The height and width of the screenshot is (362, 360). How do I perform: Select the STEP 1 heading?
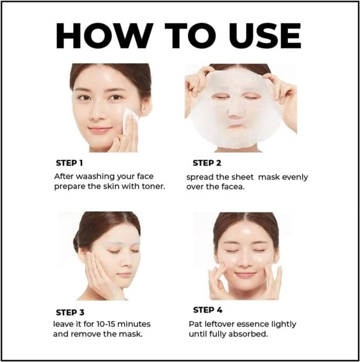69,163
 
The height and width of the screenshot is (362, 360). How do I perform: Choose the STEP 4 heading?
207,310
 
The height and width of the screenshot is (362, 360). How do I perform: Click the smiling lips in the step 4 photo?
245,275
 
